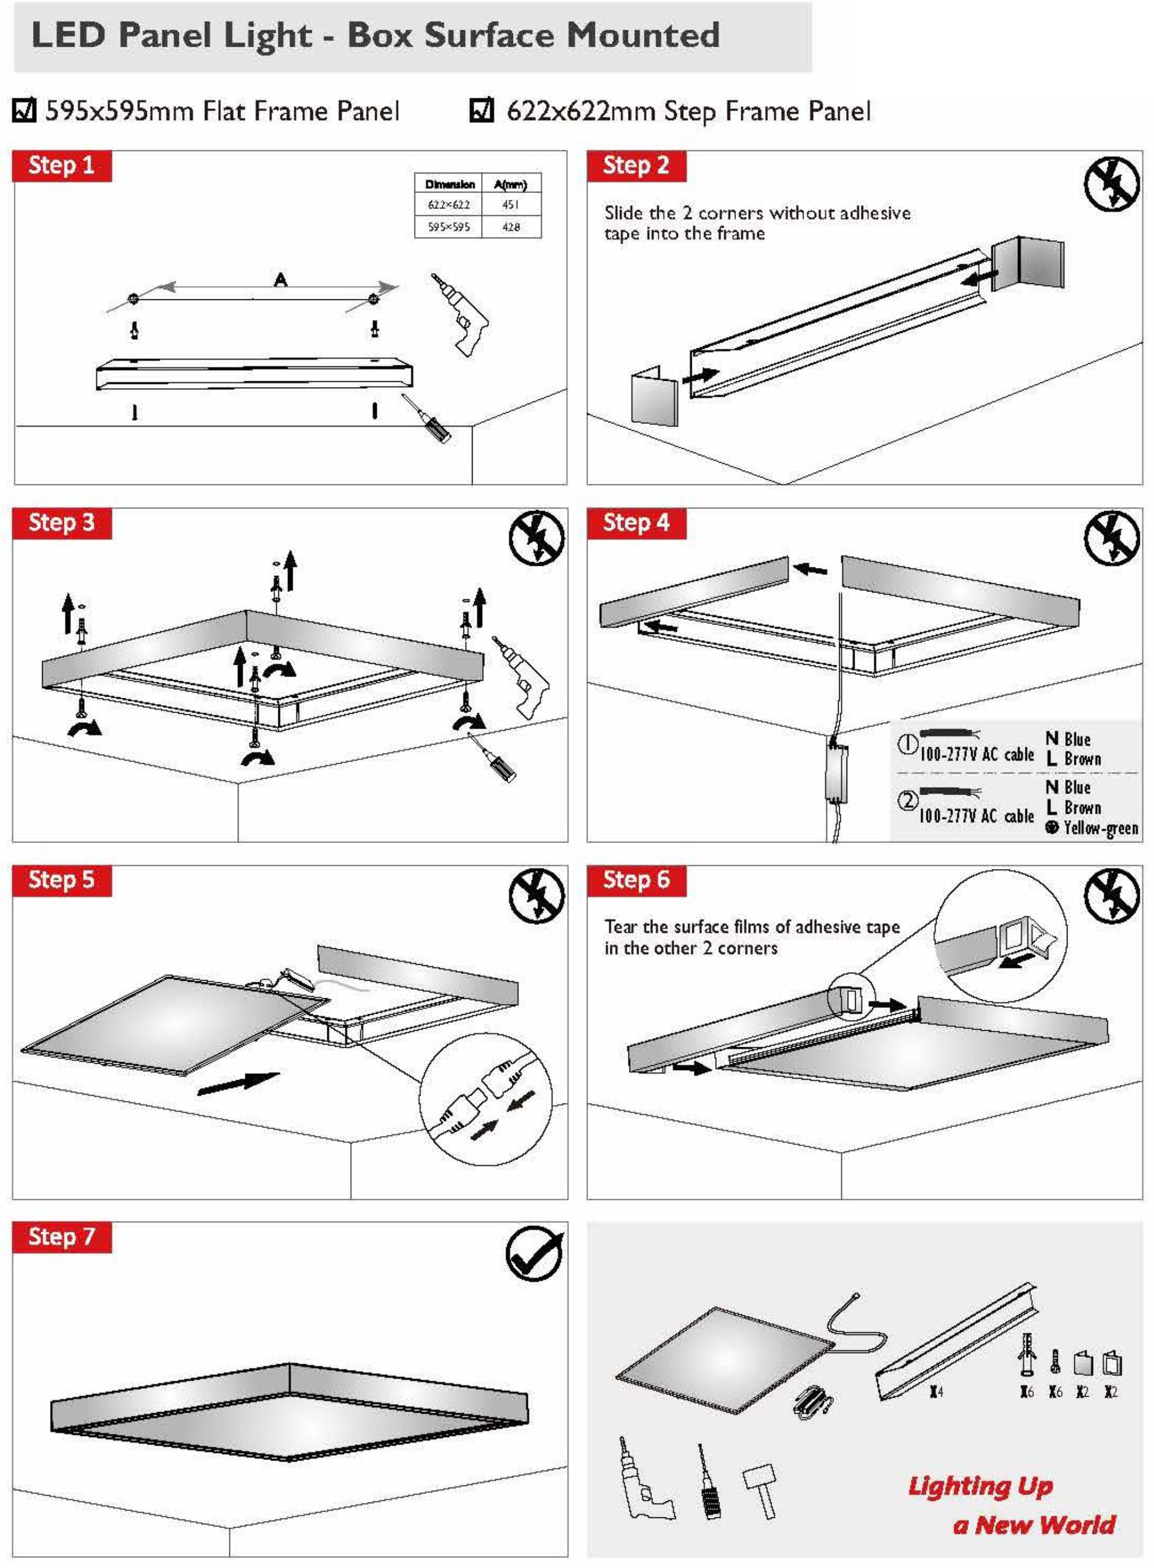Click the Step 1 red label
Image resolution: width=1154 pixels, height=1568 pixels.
(61, 166)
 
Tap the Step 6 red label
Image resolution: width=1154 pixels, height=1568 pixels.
(636, 880)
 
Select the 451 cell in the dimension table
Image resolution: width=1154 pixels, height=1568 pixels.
(511, 205)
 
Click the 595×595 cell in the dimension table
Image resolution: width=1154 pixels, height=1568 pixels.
(449, 227)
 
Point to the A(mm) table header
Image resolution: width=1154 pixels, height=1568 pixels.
(511, 184)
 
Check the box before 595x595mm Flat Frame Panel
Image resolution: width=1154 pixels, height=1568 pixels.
(24, 110)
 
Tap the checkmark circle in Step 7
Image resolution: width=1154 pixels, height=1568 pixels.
(535, 1254)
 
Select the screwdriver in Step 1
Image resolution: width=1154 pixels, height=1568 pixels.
(426, 418)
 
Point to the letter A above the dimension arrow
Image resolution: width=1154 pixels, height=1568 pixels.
(280, 279)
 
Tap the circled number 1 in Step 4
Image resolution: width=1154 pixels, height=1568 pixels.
(907, 744)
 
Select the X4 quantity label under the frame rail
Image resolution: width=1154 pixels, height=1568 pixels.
(937, 1392)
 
